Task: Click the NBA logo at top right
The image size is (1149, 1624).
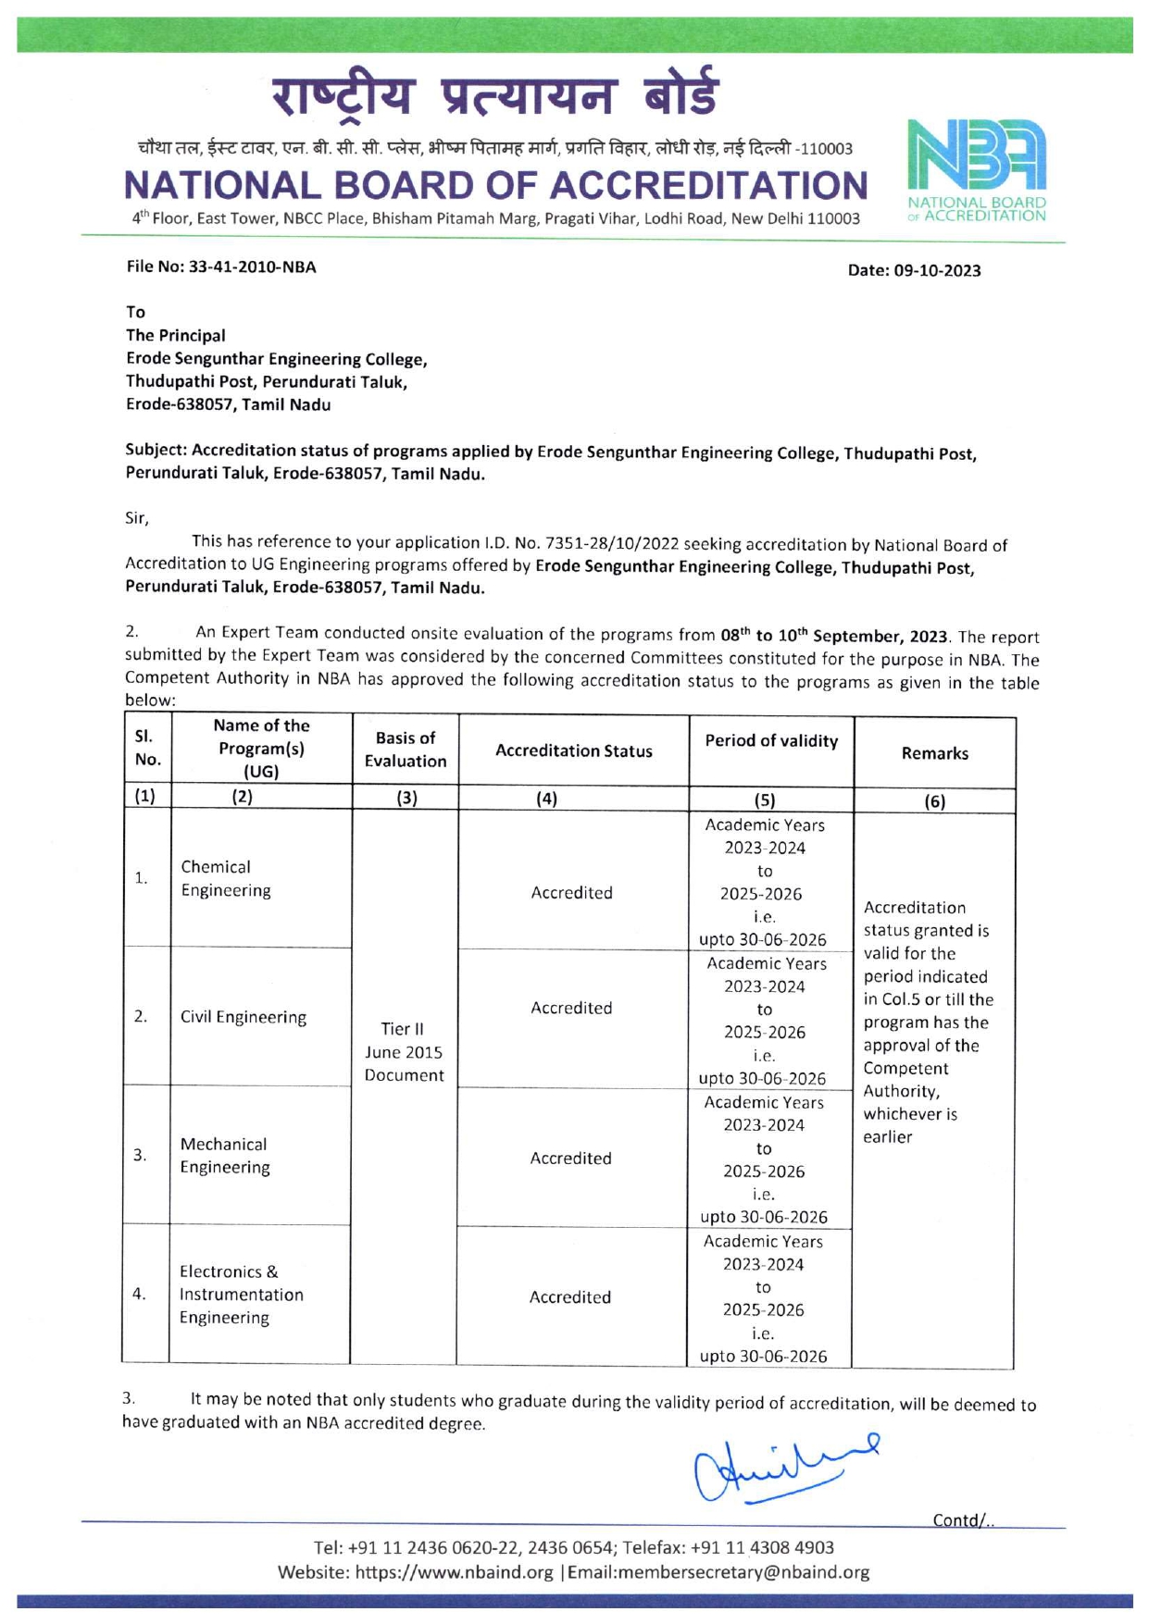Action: pyautogui.click(x=977, y=170)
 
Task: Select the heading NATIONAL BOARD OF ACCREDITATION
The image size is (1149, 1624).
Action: pyautogui.click(x=495, y=185)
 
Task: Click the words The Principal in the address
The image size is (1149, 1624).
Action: pyautogui.click(x=176, y=335)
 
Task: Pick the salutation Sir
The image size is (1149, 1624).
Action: pyautogui.click(x=136, y=518)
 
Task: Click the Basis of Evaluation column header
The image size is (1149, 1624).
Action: pyautogui.click(x=406, y=750)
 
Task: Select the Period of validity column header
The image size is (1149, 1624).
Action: pyautogui.click(x=771, y=740)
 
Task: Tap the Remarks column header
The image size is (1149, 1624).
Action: pyautogui.click(x=934, y=753)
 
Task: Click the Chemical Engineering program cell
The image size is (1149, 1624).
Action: pyautogui.click(x=226, y=878)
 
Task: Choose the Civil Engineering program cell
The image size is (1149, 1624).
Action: pyautogui.click(x=243, y=1017)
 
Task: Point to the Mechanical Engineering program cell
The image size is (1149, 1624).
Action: pyautogui.click(x=225, y=1156)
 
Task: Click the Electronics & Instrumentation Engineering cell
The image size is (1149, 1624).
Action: pyautogui.click(x=241, y=1295)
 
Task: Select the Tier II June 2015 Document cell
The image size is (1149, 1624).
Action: pyautogui.click(x=404, y=1052)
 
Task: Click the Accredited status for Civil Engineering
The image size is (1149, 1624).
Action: pyautogui.click(x=571, y=1008)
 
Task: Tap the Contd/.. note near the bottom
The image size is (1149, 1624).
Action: pyautogui.click(x=963, y=1520)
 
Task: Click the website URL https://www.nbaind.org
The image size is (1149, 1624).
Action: pyautogui.click(x=454, y=1572)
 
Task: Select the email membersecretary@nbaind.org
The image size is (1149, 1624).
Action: pyautogui.click(x=718, y=1572)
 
